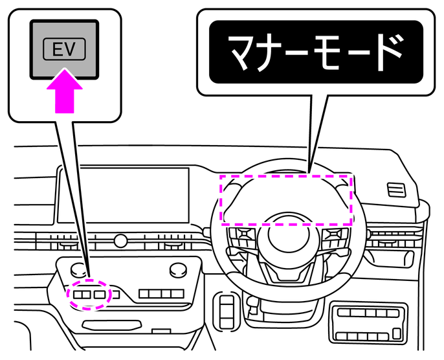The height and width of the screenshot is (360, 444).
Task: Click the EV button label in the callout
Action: [x=64, y=49]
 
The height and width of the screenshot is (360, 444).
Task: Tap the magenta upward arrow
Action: [x=65, y=91]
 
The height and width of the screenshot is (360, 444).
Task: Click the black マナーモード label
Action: [x=316, y=52]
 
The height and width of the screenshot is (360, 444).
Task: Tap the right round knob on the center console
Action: [x=179, y=270]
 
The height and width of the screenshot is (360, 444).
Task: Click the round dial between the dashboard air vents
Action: [x=120, y=241]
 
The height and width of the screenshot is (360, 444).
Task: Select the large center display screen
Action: [x=123, y=195]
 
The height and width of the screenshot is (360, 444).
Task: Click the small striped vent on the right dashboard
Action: [x=396, y=190]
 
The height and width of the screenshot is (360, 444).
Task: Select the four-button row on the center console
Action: [x=161, y=294]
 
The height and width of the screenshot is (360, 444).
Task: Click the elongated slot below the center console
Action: [x=111, y=325]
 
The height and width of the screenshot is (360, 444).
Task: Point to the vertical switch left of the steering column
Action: [x=227, y=312]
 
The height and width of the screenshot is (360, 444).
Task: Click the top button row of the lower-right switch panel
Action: [x=368, y=313]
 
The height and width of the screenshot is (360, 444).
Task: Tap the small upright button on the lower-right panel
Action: [x=397, y=333]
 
